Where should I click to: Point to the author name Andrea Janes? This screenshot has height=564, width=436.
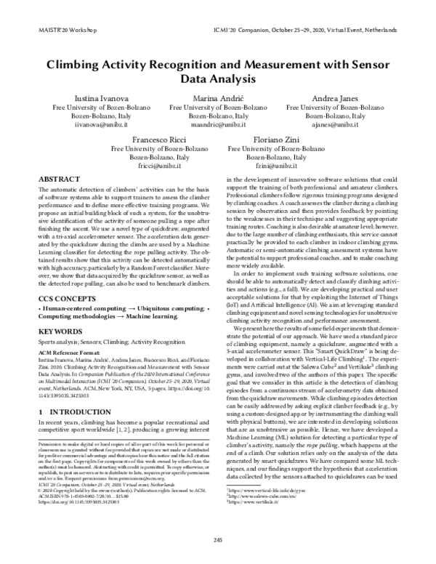(x=334, y=98)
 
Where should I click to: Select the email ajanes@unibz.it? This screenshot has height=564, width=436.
(x=334, y=125)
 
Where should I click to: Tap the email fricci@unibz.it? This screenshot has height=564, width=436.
(x=159, y=166)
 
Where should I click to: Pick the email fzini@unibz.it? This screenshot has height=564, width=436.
(x=276, y=166)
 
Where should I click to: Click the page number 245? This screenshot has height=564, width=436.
(x=218, y=539)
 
